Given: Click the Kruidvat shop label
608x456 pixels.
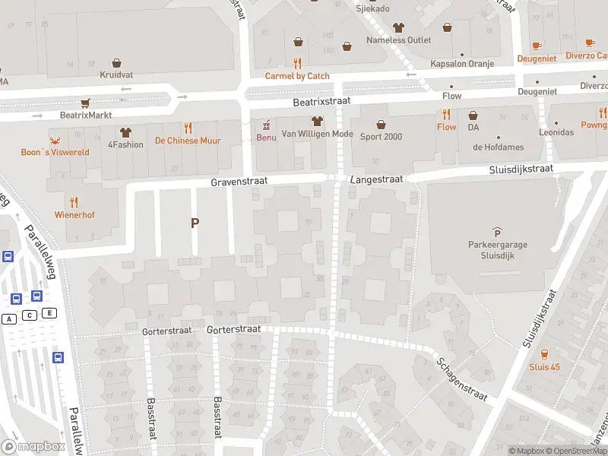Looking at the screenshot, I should click(116, 75).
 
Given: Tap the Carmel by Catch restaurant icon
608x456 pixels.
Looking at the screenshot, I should click(297, 63).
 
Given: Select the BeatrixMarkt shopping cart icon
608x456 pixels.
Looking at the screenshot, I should click(86, 103).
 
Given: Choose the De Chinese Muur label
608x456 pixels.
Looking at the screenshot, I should click(187, 141).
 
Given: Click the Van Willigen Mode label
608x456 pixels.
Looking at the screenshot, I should click(317, 134).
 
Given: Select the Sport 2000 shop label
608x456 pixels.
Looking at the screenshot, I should click(381, 137).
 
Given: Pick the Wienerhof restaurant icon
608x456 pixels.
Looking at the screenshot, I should click(74, 202).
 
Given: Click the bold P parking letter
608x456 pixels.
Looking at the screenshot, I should click(195, 223).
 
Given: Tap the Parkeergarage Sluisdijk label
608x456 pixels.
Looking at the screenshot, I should click(497, 250).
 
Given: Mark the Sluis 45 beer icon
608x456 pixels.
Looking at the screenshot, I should click(544, 354).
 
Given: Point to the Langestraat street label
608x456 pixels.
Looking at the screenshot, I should click(377, 179).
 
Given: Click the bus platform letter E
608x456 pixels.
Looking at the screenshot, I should click(49, 313).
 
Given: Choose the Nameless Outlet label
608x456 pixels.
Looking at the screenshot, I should click(398, 40).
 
